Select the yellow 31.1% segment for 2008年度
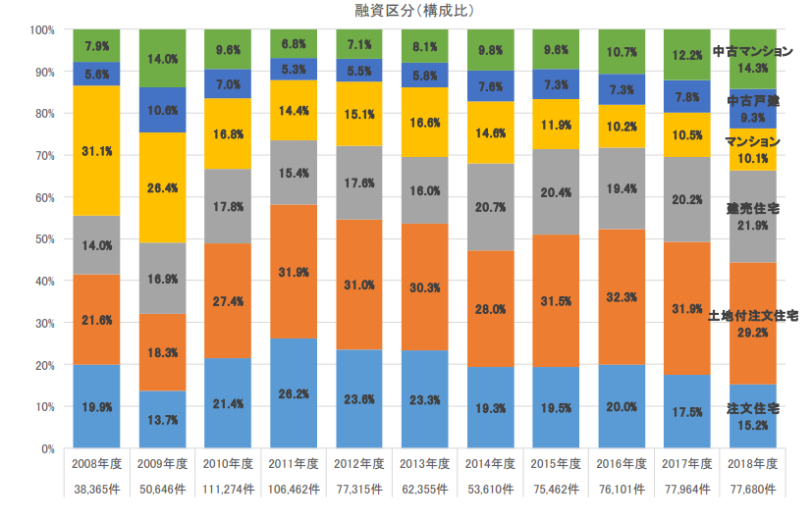[x=96, y=150]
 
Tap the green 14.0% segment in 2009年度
[x=162, y=59]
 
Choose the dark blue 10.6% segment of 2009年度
[x=162, y=110]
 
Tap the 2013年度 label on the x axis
[x=425, y=463]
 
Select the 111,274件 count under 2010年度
[x=228, y=489]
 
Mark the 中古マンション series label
[x=753, y=51]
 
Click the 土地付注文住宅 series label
[x=753, y=316]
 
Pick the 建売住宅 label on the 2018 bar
[x=753, y=209]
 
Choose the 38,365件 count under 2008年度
[x=96, y=489]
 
